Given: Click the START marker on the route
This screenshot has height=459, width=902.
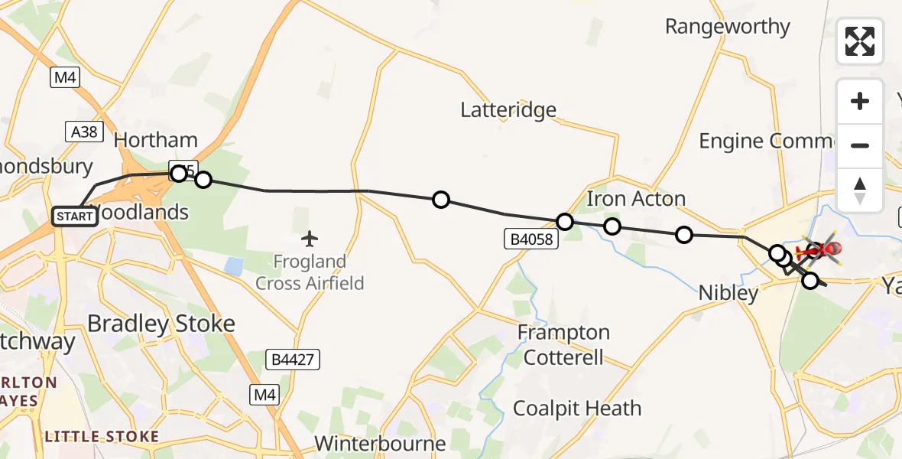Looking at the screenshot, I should pyautogui.click(x=75, y=216).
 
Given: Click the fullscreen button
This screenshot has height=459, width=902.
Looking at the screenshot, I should pyautogui.click(x=860, y=41).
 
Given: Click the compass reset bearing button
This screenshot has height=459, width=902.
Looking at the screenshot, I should pyautogui.click(x=860, y=190).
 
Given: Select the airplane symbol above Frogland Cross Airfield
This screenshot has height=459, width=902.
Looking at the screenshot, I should pyautogui.click(x=310, y=239).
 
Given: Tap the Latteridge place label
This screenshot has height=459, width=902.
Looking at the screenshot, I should pyautogui.click(x=508, y=110).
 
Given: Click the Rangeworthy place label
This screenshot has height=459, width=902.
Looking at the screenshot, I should pyautogui.click(x=727, y=27).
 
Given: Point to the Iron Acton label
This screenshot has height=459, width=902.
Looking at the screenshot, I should pyautogui.click(x=636, y=199).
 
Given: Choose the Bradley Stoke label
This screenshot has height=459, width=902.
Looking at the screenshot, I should pyautogui.click(x=161, y=324).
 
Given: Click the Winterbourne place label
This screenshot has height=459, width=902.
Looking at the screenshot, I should pyautogui.click(x=380, y=444).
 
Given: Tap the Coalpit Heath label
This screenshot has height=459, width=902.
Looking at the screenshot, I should pyautogui.click(x=577, y=408).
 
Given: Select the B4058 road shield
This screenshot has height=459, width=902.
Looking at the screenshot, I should pyautogui.click(x=530, y=239).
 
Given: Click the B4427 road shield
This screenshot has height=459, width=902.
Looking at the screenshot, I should pyautogui.click(x=293, y=359).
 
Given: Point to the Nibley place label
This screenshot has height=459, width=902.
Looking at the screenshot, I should pyautogui.click(x=728, y=292).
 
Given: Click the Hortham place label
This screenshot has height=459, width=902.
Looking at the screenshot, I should pyautogui.click(x=155, y=141).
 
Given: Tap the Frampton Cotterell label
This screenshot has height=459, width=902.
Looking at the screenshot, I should pyautogui.click(x=564, y=344).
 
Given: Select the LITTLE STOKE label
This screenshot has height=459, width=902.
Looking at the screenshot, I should pyautogui.click(x=102, y=437).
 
